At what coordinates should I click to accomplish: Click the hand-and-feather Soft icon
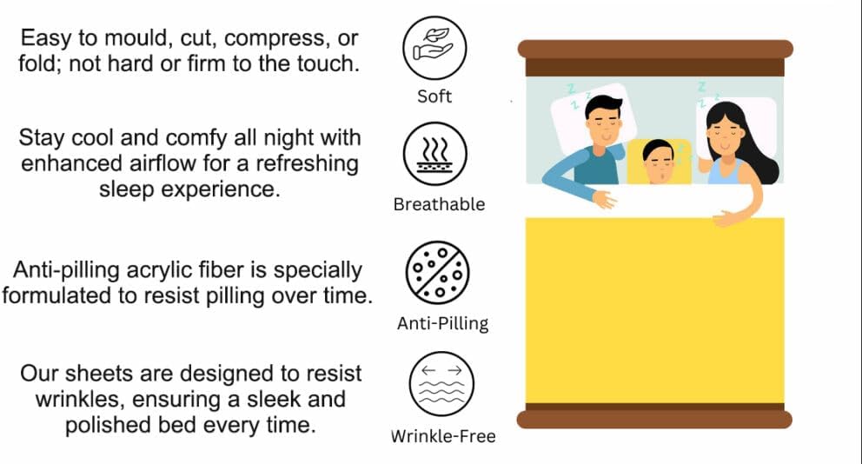(x=434, y=48)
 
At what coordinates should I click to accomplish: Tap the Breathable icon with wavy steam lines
(x=434, y=154)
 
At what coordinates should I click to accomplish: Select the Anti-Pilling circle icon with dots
(x=438, y=273)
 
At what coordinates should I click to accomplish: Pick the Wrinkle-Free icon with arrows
(x=441, y=384)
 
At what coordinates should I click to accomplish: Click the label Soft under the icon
(x=434, y=96)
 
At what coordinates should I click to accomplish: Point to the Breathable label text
(x=439, y=204)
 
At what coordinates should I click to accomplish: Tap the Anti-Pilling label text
(x=442, y=323)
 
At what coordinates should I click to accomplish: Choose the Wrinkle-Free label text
(x=443, y=436)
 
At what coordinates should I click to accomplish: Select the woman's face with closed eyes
(x=725, y=135)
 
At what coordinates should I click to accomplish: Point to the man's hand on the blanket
(x=605, y=199)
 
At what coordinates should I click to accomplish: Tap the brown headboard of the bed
(x=655, y=57)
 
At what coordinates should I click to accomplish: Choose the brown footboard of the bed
(x=654, y=416)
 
